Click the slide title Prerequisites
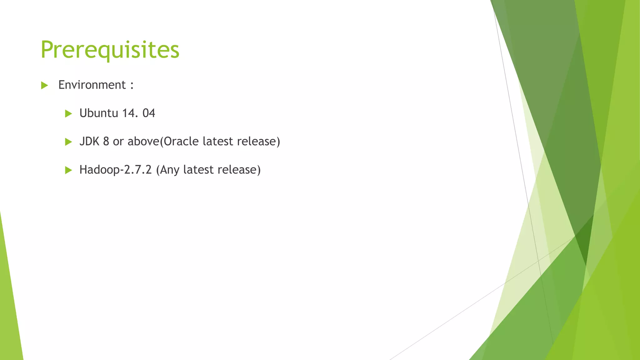click(110, 50)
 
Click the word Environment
click(92, 85)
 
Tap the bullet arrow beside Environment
click(44, 85)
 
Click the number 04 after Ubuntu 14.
click(149, 113)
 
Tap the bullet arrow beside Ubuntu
click(68, 114)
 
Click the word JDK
click(89, 142)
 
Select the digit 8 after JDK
click(106, 142)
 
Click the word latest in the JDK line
click(218, 142)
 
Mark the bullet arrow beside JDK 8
click(68, 142)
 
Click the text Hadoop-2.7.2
click(115, 170)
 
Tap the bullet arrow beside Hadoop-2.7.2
click(68, 170)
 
